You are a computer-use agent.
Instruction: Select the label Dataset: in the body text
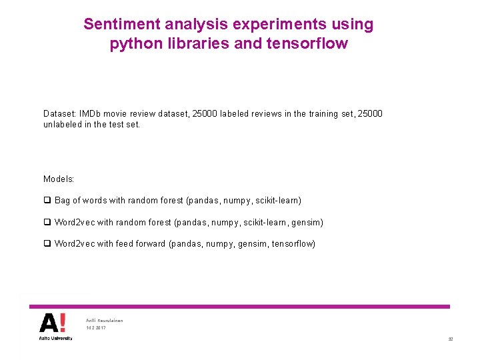[60, 114]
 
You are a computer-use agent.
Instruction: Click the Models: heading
[59, 179]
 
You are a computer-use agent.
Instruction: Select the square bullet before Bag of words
[47, 201]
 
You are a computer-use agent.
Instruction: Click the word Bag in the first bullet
[62, 201]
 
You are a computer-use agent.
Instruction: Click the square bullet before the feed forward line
[47, 244]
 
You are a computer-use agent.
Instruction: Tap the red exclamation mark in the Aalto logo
[62, 323]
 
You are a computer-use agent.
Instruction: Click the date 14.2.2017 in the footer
[96, 328]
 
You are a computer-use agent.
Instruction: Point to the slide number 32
[450, 339]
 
